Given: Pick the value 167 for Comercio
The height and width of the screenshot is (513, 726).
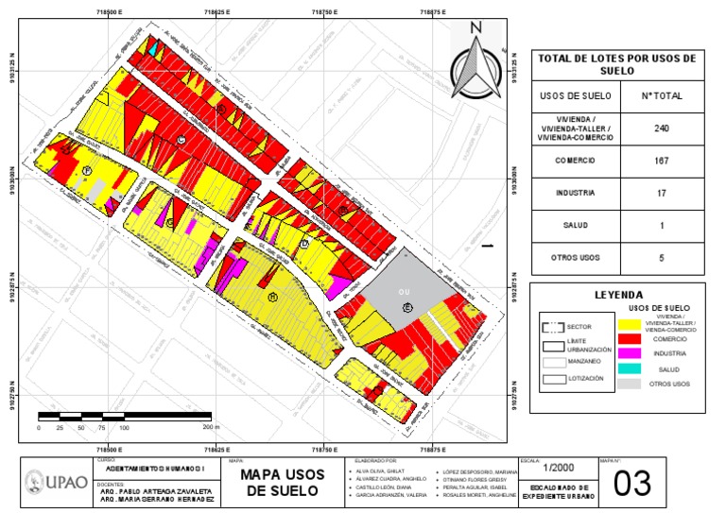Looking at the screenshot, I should (662, 161).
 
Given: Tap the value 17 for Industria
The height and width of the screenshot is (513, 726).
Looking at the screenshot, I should (662, 193).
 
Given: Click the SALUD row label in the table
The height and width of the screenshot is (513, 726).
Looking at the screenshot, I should (575, 225).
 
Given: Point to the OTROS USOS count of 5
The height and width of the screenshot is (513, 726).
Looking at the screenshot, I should (662, 257).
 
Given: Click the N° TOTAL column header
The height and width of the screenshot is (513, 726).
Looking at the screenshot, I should (662, 95).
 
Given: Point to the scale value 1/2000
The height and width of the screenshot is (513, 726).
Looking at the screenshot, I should (557, 468).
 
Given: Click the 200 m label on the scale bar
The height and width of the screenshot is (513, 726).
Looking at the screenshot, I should (210, 427).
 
